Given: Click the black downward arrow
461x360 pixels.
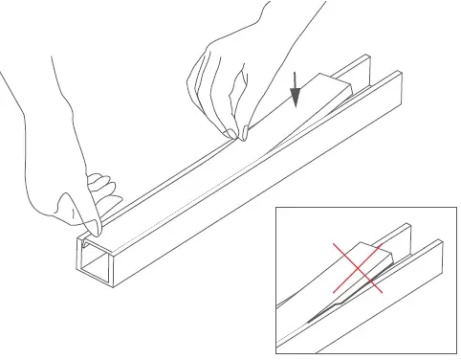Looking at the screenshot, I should pos(296,91).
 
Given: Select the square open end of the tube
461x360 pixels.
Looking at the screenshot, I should pos(95,263).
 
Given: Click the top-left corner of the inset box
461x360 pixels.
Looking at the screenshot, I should pos(275,206).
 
